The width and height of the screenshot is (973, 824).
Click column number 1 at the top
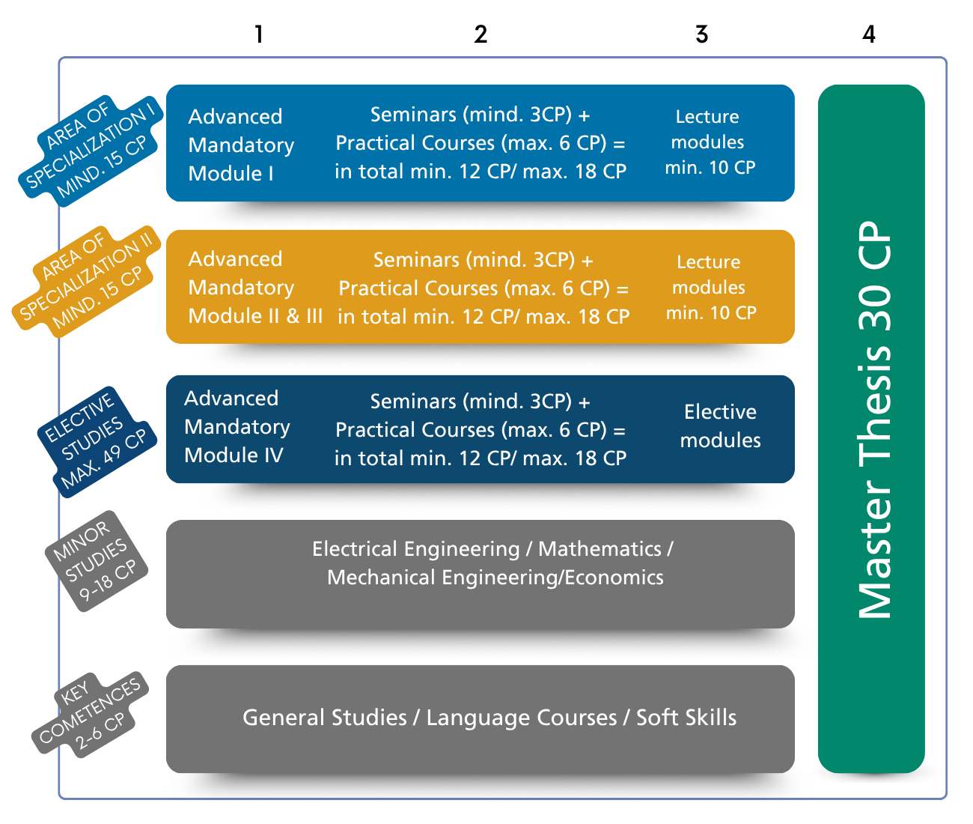click(x=258, y=34)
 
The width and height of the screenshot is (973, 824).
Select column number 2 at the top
click(x=481, y=34)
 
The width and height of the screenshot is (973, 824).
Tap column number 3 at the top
click(x=701, y=34)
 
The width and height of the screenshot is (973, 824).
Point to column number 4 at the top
click(x=868, y=34)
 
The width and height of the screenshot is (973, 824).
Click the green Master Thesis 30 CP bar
click(x=872, y=427)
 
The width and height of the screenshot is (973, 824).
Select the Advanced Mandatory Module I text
click(x=240, y=145)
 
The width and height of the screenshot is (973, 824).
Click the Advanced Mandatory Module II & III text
click(x=254, y=288)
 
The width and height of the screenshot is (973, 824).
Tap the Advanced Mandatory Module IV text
click(x=237, y=427)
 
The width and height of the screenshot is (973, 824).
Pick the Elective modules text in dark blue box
click(x=720, y=426)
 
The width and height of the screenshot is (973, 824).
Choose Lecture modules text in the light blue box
click(x=709, y=142)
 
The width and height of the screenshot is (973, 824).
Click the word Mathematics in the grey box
click(x=600, y=549)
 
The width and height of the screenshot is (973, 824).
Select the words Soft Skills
click(x=686, y=718)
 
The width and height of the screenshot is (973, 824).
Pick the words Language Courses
click(x=522, y=718)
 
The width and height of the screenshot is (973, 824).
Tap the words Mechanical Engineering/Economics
click(x=495, y=578)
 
